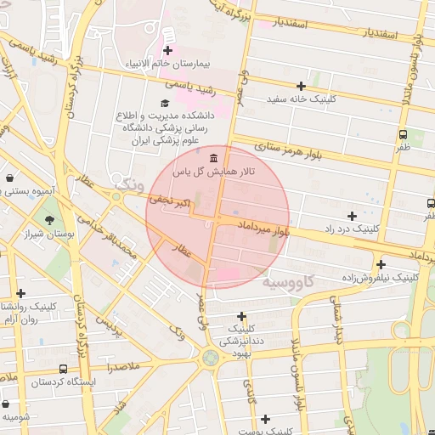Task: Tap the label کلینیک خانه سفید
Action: [x=302, y=99]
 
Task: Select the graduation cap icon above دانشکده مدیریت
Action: [x=164, y=103]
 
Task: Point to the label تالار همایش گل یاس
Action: [x=210, y=172]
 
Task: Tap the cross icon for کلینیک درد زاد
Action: [x=352, y=216]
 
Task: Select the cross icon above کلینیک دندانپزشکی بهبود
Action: [x=242, y=316]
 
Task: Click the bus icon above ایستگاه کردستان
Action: [x=64, y=370]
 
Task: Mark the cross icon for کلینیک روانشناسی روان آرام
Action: [x=21, y=293]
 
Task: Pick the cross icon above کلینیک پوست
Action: [x=266, y=419]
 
